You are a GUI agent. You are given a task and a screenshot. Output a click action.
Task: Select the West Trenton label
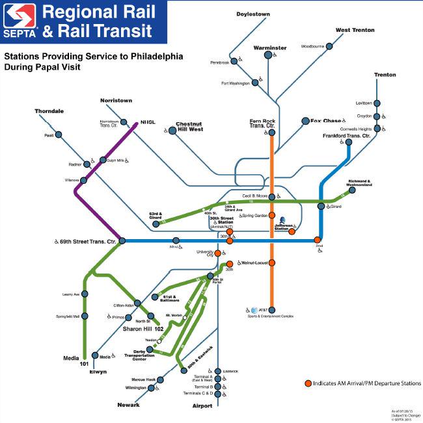(x=355, y=30)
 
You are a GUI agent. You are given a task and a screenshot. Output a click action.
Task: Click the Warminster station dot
(x=268, y=56)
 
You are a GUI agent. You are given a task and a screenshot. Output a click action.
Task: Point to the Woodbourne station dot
(x=329, y=46)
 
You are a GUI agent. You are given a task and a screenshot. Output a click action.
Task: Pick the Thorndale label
(x=49, y=111)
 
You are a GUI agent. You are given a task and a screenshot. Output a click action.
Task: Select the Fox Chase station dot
(x=305, y=121)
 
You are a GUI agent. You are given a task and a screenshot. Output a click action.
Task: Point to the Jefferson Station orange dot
(x=292, y=231)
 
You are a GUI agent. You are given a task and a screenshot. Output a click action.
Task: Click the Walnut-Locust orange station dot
(x=272, y=263)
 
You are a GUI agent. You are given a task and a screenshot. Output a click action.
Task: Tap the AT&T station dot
(x=272, y=310)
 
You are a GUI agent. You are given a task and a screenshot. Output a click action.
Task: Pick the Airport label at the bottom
(x=202, y=405)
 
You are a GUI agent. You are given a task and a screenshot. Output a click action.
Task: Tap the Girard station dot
(x=321, y=207)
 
